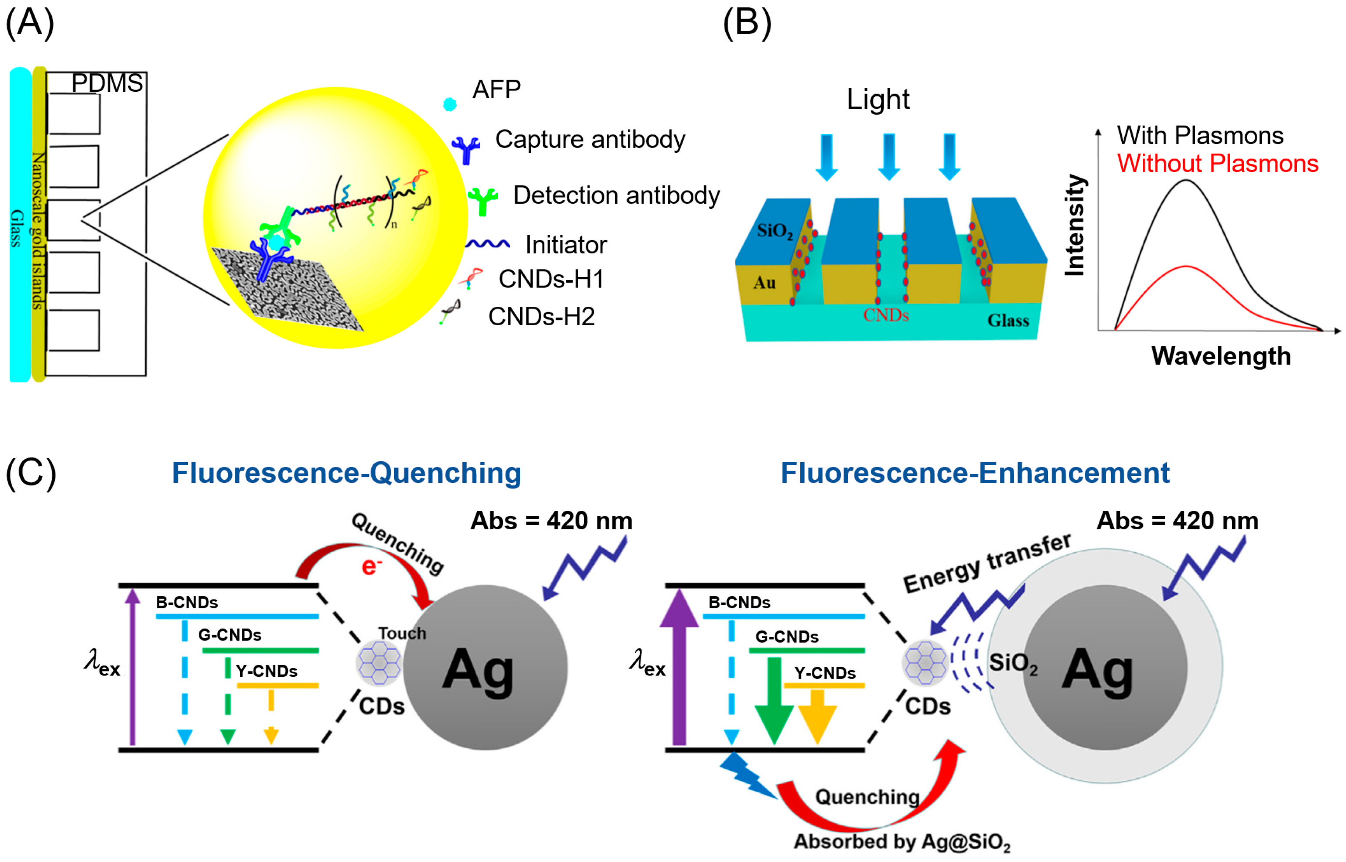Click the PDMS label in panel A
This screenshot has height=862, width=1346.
pos(107,83)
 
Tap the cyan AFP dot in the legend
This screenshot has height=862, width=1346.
pos(450,104)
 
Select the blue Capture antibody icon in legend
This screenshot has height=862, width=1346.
pos(466,149)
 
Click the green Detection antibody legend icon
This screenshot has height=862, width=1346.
pos(482,201)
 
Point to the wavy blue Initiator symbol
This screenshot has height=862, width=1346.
pos(487,244)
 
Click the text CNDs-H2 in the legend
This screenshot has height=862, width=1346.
pos(541,316)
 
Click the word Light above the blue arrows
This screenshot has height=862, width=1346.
pos(878,100)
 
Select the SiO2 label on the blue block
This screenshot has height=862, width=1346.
pos(774,230)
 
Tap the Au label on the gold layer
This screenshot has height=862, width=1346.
pos(764,282)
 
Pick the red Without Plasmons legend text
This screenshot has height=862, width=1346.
pos(1217,163)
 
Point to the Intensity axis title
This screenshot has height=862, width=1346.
pos(1075,225)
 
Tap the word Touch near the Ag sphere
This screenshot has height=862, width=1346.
pos(402,633)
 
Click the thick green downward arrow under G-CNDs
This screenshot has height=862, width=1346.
pos(774,700)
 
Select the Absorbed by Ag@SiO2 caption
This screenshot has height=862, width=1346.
pos(901,842)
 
